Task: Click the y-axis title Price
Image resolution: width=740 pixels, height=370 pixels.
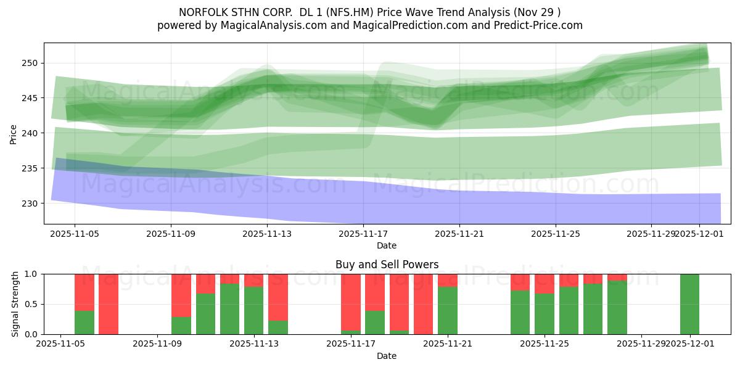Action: coord(14,133)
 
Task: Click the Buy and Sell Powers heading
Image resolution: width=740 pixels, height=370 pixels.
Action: coord(387,265)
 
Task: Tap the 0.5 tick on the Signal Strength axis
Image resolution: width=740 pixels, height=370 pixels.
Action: coord(31,304)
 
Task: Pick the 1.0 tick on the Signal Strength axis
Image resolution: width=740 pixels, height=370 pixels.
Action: coord(31,274)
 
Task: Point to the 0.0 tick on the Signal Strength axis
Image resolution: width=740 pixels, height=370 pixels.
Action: coord(31,334)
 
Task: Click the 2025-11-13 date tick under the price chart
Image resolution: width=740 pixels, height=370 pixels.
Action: coord(267,234)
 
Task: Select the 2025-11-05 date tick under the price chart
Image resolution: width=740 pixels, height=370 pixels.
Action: coord(75,234)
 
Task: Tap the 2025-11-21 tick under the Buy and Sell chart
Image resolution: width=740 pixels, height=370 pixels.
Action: coord(448,344)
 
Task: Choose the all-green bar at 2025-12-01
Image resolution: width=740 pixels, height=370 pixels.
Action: coord(689,304)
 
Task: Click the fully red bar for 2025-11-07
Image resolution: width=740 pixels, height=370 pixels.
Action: coord(109,304)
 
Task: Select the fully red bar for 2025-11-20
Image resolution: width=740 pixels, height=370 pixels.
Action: coord(423,304)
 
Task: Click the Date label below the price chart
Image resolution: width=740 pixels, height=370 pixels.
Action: coord(387,245)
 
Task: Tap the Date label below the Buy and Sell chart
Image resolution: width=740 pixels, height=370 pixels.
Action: coord(387,356)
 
